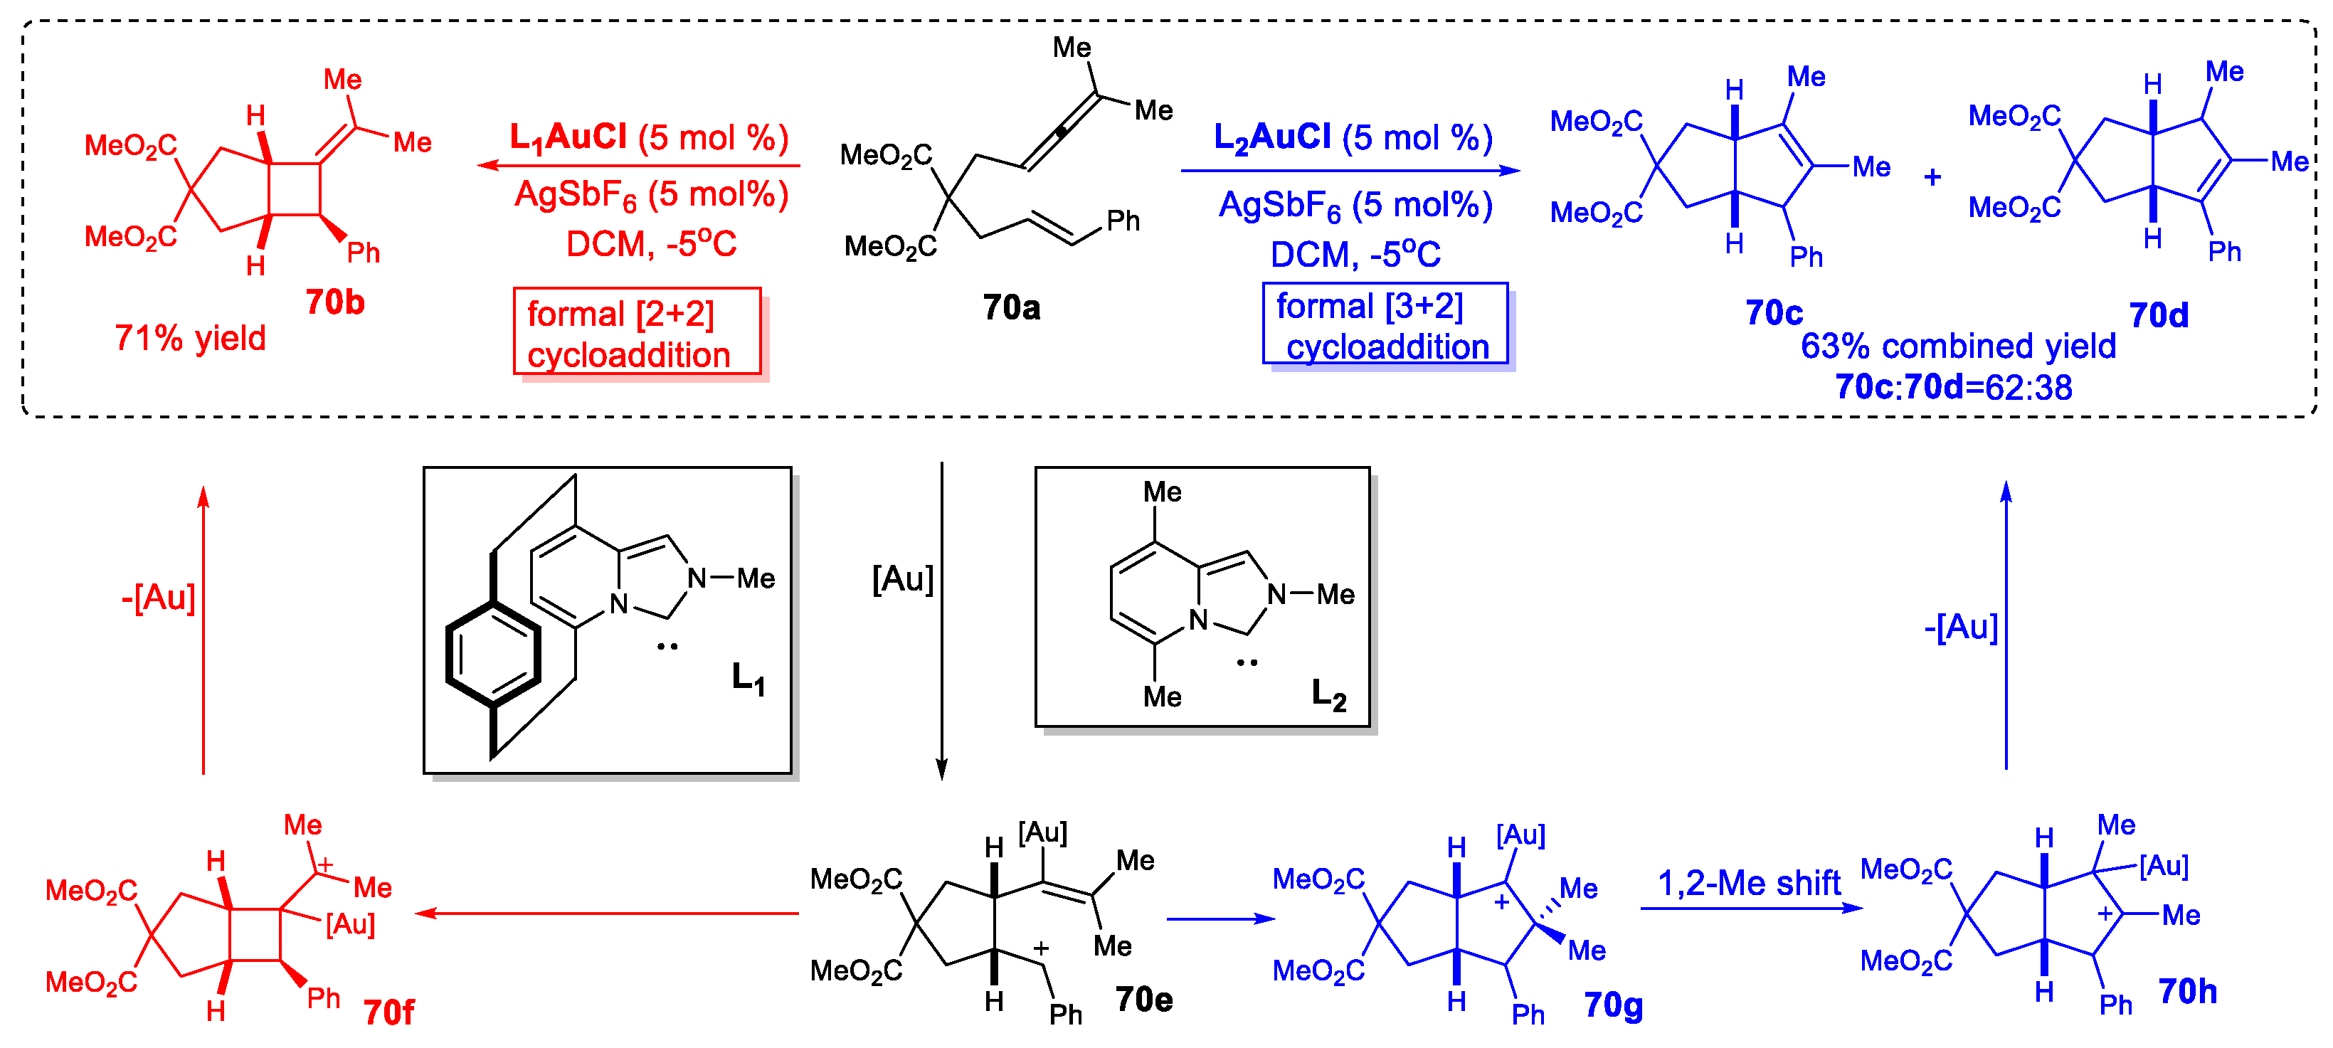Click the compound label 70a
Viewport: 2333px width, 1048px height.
coord(1011,308)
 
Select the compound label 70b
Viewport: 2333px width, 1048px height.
coord(334,302)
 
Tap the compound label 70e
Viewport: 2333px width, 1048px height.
coord(1144,999)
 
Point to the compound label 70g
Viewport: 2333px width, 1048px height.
coord(1613,1005)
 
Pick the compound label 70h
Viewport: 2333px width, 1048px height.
coord(2187,991)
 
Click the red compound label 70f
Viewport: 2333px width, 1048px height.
coord(388,1012)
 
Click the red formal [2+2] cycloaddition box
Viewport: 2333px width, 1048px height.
coord(637,332)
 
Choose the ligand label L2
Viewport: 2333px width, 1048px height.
coord(1328,694)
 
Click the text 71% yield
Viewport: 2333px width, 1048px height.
coord(190,338)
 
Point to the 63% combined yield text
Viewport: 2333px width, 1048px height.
coord(1957,346)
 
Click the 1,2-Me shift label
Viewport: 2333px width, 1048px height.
coord(1748,883)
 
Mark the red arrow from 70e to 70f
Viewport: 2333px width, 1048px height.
coord(607,913)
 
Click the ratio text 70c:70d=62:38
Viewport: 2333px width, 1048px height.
coord(1954,388)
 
